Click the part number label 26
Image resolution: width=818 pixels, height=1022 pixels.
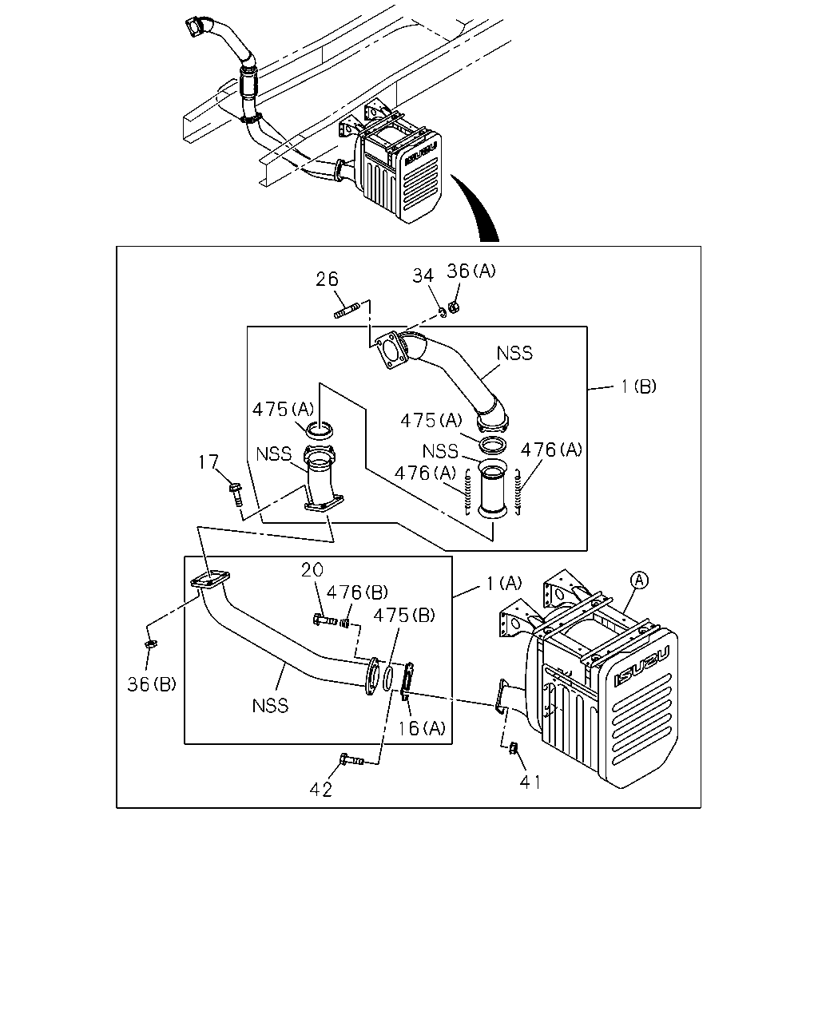(327, 279)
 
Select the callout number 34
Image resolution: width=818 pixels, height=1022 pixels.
(423, 276)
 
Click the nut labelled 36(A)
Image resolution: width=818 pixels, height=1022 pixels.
(454, 307)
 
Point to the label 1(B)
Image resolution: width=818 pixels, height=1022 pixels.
(638, 386)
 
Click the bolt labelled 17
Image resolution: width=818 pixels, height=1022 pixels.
(236, 494)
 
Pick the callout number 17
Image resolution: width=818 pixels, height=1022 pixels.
(208, 461)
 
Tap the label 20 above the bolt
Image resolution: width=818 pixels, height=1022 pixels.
(312, 570)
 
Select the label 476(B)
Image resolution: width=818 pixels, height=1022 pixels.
(357, 592)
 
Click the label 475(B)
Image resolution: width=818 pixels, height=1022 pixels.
(404, 616)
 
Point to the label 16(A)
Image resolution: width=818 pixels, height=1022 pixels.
(422, 728)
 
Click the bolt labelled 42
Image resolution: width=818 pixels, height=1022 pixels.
(351, 760)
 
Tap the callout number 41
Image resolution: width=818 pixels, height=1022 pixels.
(530, 782)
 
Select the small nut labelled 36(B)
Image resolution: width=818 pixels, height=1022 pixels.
(151, 644)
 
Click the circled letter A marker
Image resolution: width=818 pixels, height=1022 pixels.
(639, 580)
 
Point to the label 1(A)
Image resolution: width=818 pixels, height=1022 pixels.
(504, 583)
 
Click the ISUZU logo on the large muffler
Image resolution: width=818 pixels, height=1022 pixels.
(641, 666)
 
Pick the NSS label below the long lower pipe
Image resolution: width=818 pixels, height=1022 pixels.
(270, 706)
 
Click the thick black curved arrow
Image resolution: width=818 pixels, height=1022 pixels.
(478, 209)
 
